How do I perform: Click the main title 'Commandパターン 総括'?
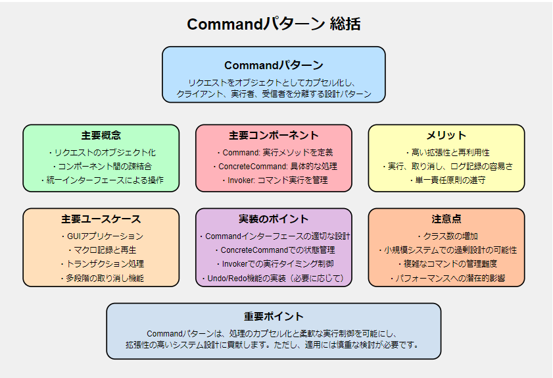click(274, 24)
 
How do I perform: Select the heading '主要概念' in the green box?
click(101, 135)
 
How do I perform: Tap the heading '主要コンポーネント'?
click(274, 135)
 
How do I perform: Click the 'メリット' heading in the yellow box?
click(446, 135)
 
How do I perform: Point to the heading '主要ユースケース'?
click(101, 219)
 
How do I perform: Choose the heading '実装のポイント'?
click(274, 219)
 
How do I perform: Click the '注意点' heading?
click(446, 219)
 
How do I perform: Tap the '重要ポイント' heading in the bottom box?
click(274, 316)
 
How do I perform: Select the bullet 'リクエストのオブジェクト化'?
click(103, 153)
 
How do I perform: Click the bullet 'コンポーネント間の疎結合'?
click(103, 167)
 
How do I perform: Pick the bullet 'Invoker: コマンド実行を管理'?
click(275, 180)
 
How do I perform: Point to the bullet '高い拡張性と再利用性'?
click(448, 153)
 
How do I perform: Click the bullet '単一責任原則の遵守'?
click(448, 180)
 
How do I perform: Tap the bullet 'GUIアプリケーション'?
click(103, 236)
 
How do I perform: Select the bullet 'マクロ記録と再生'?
click(103, 250)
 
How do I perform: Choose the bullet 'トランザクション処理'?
click(103, 264)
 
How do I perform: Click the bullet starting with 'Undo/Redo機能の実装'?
click(274, 279)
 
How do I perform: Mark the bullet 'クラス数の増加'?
click(448, 236)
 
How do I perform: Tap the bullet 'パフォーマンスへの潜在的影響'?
click(448, 279)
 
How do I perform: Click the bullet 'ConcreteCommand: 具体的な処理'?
click(275, 167)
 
